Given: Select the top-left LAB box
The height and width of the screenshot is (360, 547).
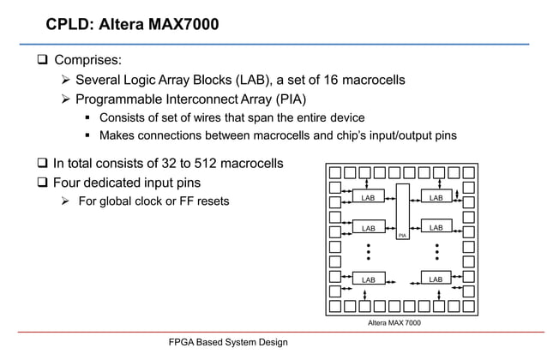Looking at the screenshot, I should tap(369, 197).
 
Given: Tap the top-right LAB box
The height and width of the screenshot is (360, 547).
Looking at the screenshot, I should tap(436, 197).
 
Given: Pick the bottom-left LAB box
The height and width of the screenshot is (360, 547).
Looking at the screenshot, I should tap(369, 279).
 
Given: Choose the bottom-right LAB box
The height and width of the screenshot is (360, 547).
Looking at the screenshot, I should tap(436, 279).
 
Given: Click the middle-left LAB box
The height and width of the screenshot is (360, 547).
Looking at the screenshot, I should tap(369, 228).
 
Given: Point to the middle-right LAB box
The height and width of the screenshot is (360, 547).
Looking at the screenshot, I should tap(436, 227).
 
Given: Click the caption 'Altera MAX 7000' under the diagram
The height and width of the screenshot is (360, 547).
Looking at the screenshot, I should tap(394, 322).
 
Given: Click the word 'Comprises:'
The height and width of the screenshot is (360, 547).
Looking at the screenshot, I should tap(87, 62).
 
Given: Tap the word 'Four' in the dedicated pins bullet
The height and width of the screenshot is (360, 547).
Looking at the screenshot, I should tap(70, 183).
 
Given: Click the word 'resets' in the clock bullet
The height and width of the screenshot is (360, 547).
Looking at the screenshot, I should tap(212, 202).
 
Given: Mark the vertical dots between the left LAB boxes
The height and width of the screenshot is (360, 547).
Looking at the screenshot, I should tap(368, 252).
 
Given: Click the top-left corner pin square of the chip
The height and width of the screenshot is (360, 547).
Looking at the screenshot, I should tap(334, 171).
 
